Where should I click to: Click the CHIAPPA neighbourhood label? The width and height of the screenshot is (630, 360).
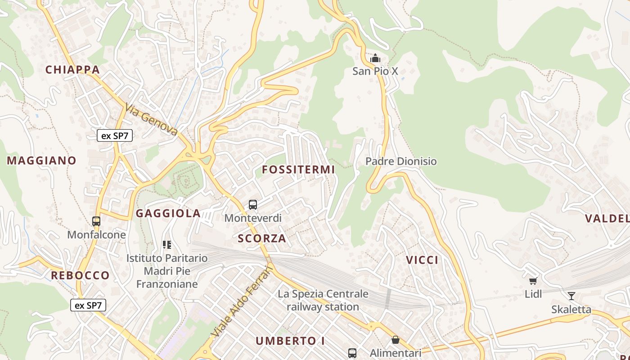coord(72,70)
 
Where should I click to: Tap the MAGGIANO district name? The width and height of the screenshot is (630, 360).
coord(42,161)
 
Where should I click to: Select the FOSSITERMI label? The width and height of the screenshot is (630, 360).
coord(298,170)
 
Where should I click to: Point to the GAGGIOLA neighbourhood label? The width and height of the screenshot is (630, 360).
coord(168,213)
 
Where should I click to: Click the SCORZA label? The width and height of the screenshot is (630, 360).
coord(262,238)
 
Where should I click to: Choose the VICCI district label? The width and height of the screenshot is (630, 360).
coord(422,260)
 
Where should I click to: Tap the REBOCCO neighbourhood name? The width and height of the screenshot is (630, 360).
coord(80,275)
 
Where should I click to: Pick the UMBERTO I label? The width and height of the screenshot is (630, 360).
coord(290,341)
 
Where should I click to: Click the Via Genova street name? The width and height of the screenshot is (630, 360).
coord(152,120)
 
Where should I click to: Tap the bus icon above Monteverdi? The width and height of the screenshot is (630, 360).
coord(253,205)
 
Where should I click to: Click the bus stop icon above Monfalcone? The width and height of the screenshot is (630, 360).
coord(96,221)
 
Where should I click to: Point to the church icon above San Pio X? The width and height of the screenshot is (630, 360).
coord(375,58)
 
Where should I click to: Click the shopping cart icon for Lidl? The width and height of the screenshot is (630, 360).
coord(533,281)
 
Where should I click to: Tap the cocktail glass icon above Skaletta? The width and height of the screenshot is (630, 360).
coord(571,296)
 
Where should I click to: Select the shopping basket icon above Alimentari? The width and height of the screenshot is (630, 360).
coord(395,340)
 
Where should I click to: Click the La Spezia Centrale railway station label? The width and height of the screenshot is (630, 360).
coord(323,300)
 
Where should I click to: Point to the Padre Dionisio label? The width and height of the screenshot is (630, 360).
coord(401,161)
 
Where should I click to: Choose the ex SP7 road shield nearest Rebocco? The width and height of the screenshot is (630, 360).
coord(88,306)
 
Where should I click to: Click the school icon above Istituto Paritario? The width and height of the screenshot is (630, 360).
coord(167,245)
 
